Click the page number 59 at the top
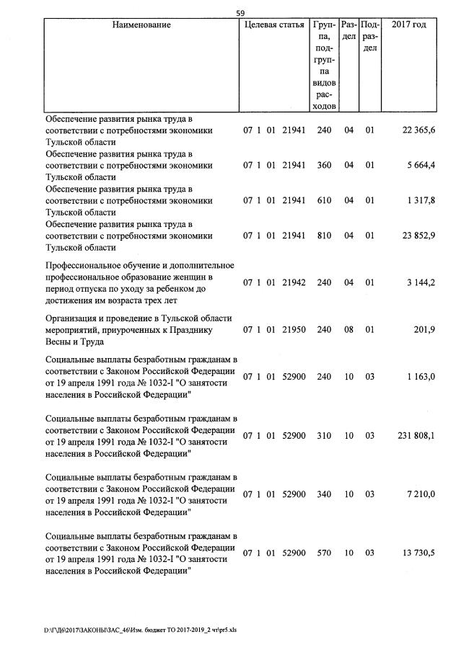pyautogui.click(x=240, y=12)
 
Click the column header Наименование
pyautogui.click(x=141, y=25)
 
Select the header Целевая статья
pyautogui.click(x=274, y=25)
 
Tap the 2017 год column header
pyautogui.click(x=408, y=25)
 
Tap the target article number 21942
pyautogui.click(x=294, y=282)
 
